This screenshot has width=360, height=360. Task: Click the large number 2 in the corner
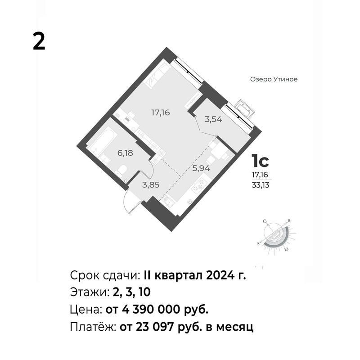click(39, 41)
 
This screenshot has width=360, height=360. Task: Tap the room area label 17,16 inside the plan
click(160, 113)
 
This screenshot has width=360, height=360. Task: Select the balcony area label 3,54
click(213, 119)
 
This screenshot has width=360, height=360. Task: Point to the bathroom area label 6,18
click(126, 153)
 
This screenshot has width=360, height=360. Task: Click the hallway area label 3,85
click(151, 184)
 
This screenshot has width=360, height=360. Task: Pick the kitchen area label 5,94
click(201, 168)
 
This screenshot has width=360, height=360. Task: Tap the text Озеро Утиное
click(274, 80)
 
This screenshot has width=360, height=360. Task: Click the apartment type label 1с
click(260, 161)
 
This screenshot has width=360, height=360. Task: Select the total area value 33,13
click(261, 185)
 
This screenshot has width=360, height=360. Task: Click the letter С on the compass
click(265, 221)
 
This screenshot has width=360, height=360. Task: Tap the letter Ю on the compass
click(287, 249)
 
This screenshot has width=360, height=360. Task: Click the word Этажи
click(89, 292)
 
